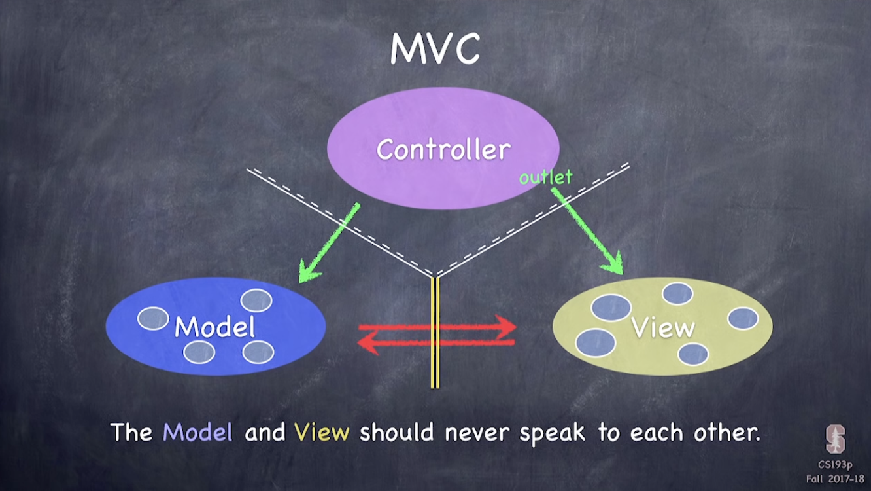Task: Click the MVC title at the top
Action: click(x=435, y=48)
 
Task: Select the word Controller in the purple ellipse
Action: click(x=443, y=150)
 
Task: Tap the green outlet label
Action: click(x=545, y=177)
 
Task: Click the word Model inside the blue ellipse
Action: click(x=214, y=326)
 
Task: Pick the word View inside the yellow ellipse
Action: click(x=663, y=327)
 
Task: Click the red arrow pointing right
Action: click(x=438, y=326)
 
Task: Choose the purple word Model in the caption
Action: click(x=197, y=433)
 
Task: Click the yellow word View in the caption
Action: click(x=321, y=433)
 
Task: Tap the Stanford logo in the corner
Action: click(x=835, y=438)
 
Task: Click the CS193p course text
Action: click(x=835, y=465)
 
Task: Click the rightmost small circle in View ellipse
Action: click(x=743, y=319)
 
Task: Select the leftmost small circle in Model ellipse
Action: click(x=153, y=318)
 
